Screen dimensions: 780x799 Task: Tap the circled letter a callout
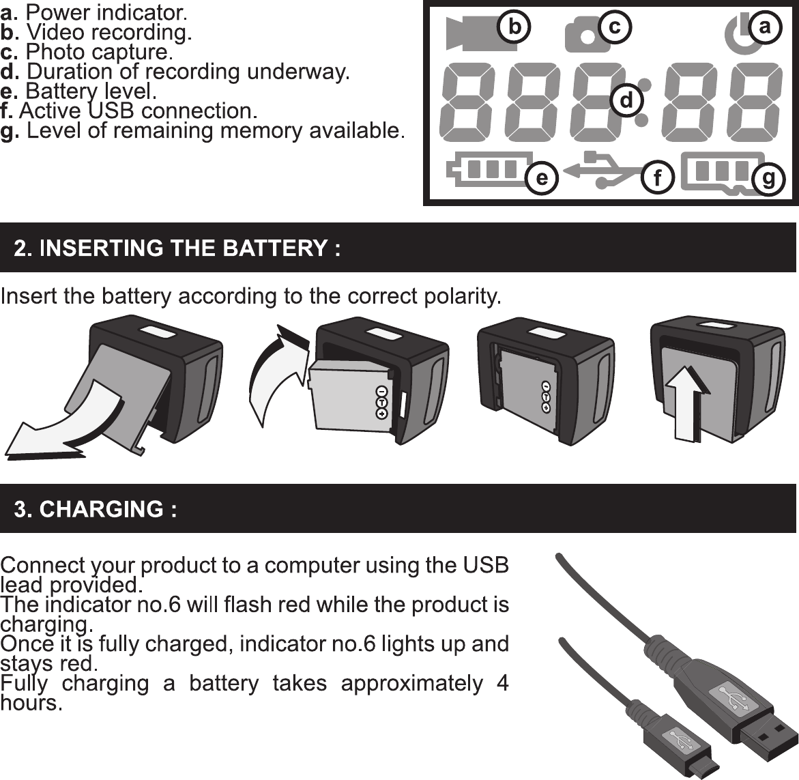coord(764,27)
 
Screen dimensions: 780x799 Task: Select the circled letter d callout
coord(626,100)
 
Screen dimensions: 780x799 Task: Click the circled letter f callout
coord(656,179)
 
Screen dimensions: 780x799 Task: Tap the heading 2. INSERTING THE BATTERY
coord(177,248)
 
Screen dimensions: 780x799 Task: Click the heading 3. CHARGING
coord(96,509)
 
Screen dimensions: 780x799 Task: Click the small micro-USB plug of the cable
coord(688,751)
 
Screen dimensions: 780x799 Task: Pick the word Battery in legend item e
coord(55,91)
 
